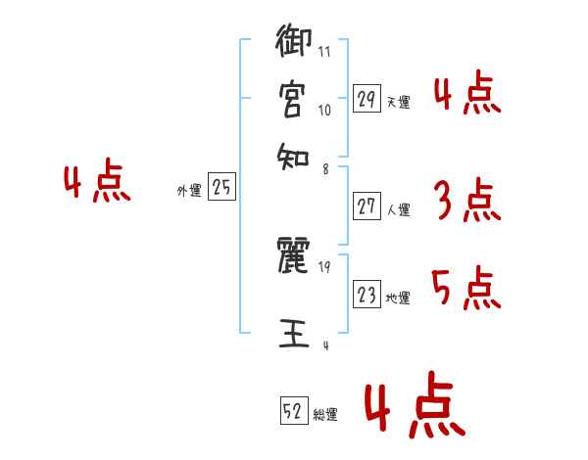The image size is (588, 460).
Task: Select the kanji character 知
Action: (291, 152)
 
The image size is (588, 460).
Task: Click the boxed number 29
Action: (367, 99)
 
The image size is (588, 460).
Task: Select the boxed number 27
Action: (367, 207)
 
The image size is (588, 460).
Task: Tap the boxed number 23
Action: (367, 295)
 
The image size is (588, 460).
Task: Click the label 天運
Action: (398, 101)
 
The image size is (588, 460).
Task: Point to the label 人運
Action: (398, 208)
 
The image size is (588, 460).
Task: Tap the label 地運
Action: (398, 298)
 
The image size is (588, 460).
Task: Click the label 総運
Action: (325, 415)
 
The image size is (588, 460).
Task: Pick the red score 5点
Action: (465, 289)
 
